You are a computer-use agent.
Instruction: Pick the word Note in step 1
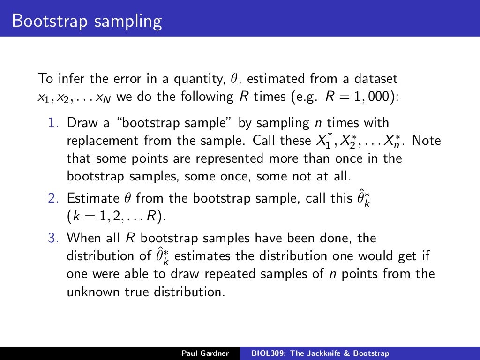427,141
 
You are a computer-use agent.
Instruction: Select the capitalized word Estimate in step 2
93,198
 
